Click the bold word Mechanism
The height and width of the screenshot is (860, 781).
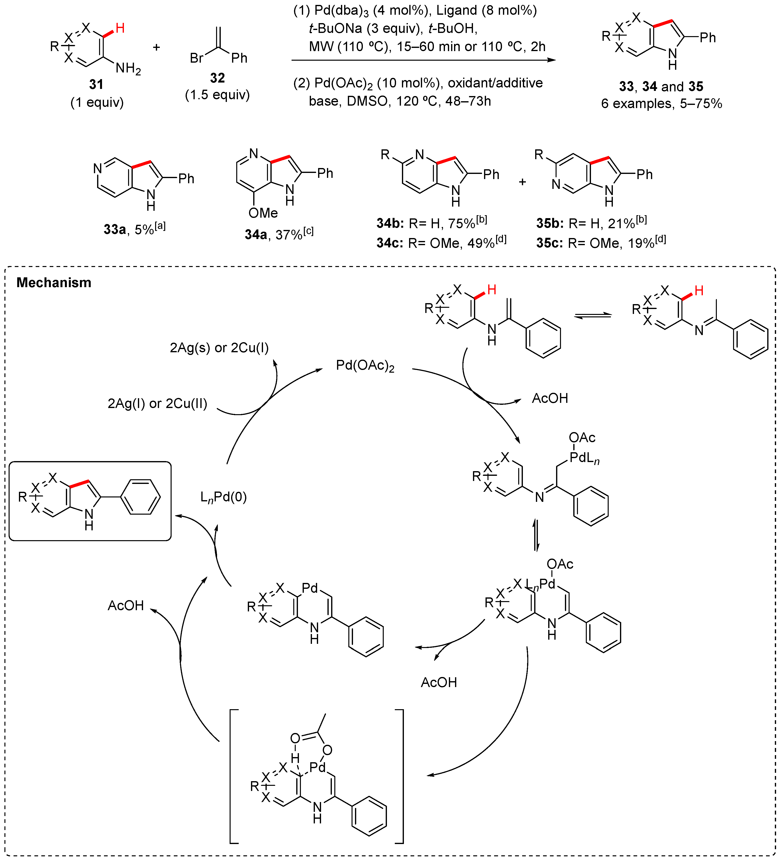pyautogui.click(x=54, y=283)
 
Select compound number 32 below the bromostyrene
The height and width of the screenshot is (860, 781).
pyautogui.click(x=217, y=78)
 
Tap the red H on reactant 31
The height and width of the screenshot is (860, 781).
pyautogui.click(x=120, y=28)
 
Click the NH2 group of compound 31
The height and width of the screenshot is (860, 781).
pyautogui.click(x=128, y=68)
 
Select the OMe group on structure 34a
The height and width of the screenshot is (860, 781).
pyautogui.click(x=263, y=213)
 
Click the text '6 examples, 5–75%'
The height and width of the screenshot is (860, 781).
pyautogui.click(x=662, y=104)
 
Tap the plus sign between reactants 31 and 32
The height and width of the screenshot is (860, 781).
pyautogui.click(x=157, y=47)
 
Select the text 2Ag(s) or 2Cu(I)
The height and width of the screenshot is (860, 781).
pyautogui.click(x=219, y=348)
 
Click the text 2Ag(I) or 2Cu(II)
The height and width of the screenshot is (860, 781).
pyautogui.click(x=157, y=404)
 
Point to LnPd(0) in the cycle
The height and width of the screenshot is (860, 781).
pyautogui.click(x=223, y=497)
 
